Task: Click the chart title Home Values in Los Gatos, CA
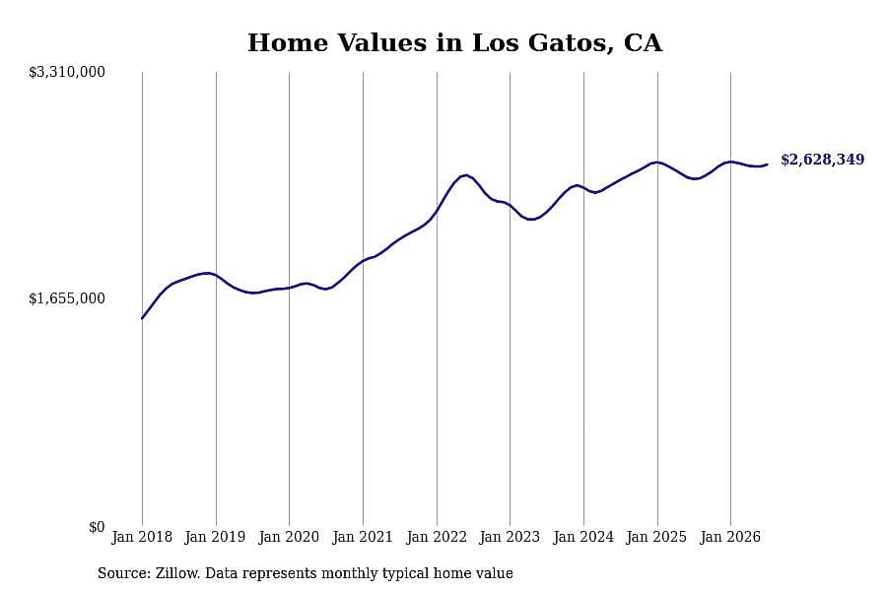click(454, 43)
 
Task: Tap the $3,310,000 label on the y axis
click(67, 72)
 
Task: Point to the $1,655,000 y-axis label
click(67, 298)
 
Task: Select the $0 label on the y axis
click(97, 527)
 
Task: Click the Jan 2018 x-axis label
click(142, 537)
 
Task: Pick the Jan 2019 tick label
click(215, 537)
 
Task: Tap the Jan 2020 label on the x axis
click(289, 537)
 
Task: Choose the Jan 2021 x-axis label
click(363, 537)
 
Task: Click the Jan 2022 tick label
click(437, 537)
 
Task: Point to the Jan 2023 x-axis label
click(510, 537)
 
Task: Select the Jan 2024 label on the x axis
click(583, 537)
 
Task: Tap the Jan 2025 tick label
click(656, 537)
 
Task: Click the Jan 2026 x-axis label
click(730, 537)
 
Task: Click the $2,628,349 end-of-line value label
click(823, 160)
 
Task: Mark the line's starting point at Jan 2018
click(142, 318)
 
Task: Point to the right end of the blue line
click(767, 164)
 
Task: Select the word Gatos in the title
click(571, 43)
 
